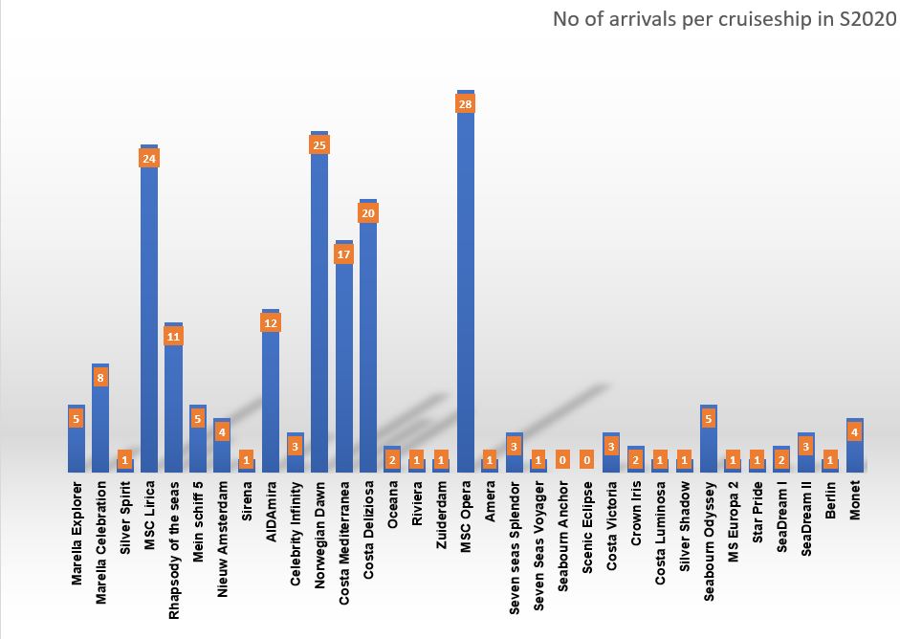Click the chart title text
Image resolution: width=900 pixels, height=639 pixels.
click(x=724, y=19)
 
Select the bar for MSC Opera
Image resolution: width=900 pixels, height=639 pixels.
click(x=466, y=287)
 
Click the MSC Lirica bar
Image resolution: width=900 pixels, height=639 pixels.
click(x=149, y=316)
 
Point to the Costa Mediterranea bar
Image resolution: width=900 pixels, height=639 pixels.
click(x=344, y=364)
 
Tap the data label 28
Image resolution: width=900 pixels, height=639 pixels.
click(x=466, y=104)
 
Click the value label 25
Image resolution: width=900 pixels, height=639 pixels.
click(x=319, y=145)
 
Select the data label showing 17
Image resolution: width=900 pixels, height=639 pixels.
click(x=344, y=254)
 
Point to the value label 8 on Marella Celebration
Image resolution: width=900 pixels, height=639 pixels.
click(x=100, y=378)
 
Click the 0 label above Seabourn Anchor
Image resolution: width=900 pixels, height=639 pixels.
click(x=563, y=460)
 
